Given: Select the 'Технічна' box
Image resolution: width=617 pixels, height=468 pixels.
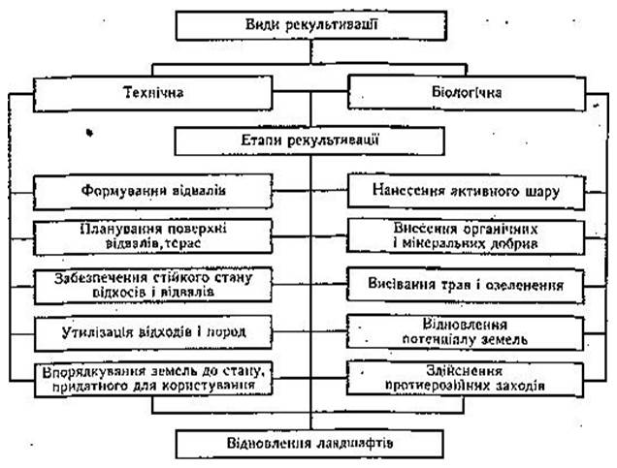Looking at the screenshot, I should click(155, 94).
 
